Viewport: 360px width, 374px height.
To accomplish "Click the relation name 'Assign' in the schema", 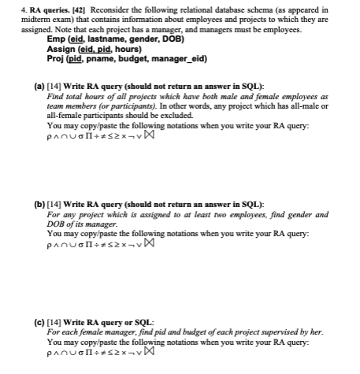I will (61, 47).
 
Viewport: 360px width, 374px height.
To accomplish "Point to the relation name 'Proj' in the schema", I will (57, 57).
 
